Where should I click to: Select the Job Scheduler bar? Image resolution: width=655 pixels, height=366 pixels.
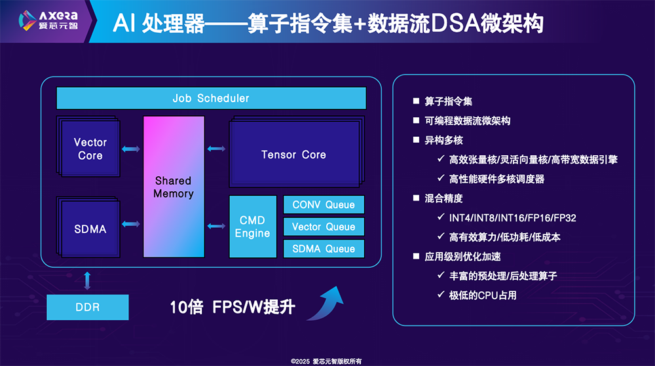[x=210, y=98]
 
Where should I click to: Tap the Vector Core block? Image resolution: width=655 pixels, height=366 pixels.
[x=90, y=149]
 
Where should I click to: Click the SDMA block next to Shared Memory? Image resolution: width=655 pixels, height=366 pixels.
[x=90, y=229]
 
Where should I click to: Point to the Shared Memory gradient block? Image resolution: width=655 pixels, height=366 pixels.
[x=174, y=187]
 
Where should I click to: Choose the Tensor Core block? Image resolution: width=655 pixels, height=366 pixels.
[x=293, y=155]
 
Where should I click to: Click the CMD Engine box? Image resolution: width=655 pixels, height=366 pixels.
[x=252, y=227]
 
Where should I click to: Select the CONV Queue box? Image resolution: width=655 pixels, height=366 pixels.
[x=324, y=205]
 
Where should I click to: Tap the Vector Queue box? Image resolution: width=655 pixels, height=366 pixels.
[x=324, y=227]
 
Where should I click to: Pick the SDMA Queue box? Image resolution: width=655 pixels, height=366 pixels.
[x=324, y=248]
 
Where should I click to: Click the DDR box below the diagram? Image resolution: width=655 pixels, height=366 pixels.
[x=87, y=306]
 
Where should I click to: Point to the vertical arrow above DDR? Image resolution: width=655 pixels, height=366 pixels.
[x=87, y=280]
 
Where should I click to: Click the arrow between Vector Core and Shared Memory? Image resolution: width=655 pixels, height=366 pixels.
[x=130, y=149]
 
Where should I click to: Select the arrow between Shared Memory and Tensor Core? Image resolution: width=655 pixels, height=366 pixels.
[x=215, y=149]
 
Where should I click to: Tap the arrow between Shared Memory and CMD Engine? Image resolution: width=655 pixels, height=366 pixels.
[x=215, y=226]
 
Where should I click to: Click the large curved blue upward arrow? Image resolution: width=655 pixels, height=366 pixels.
[x=327, y=302]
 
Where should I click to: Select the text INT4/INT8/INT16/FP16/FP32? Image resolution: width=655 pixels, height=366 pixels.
[x=513, y=217]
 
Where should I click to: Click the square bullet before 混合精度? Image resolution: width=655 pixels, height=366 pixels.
[x=416, y=198]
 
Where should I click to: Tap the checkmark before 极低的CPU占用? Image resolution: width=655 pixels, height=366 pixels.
[x=441, y=295]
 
